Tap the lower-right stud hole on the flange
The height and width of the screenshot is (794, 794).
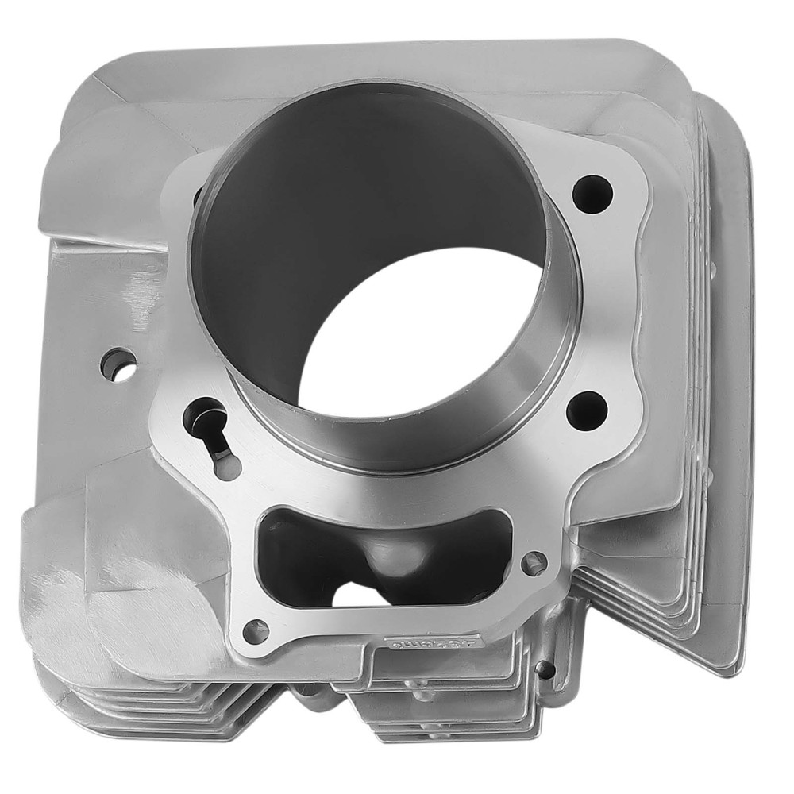[x=587, y=410]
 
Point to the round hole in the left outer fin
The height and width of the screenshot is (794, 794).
[x=118, y=364]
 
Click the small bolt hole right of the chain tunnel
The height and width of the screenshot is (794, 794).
[x=534, y=564]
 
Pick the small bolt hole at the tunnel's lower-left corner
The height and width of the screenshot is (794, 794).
[x=255, y=631]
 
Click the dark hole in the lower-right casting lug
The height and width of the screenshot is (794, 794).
[x=545, y=669]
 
